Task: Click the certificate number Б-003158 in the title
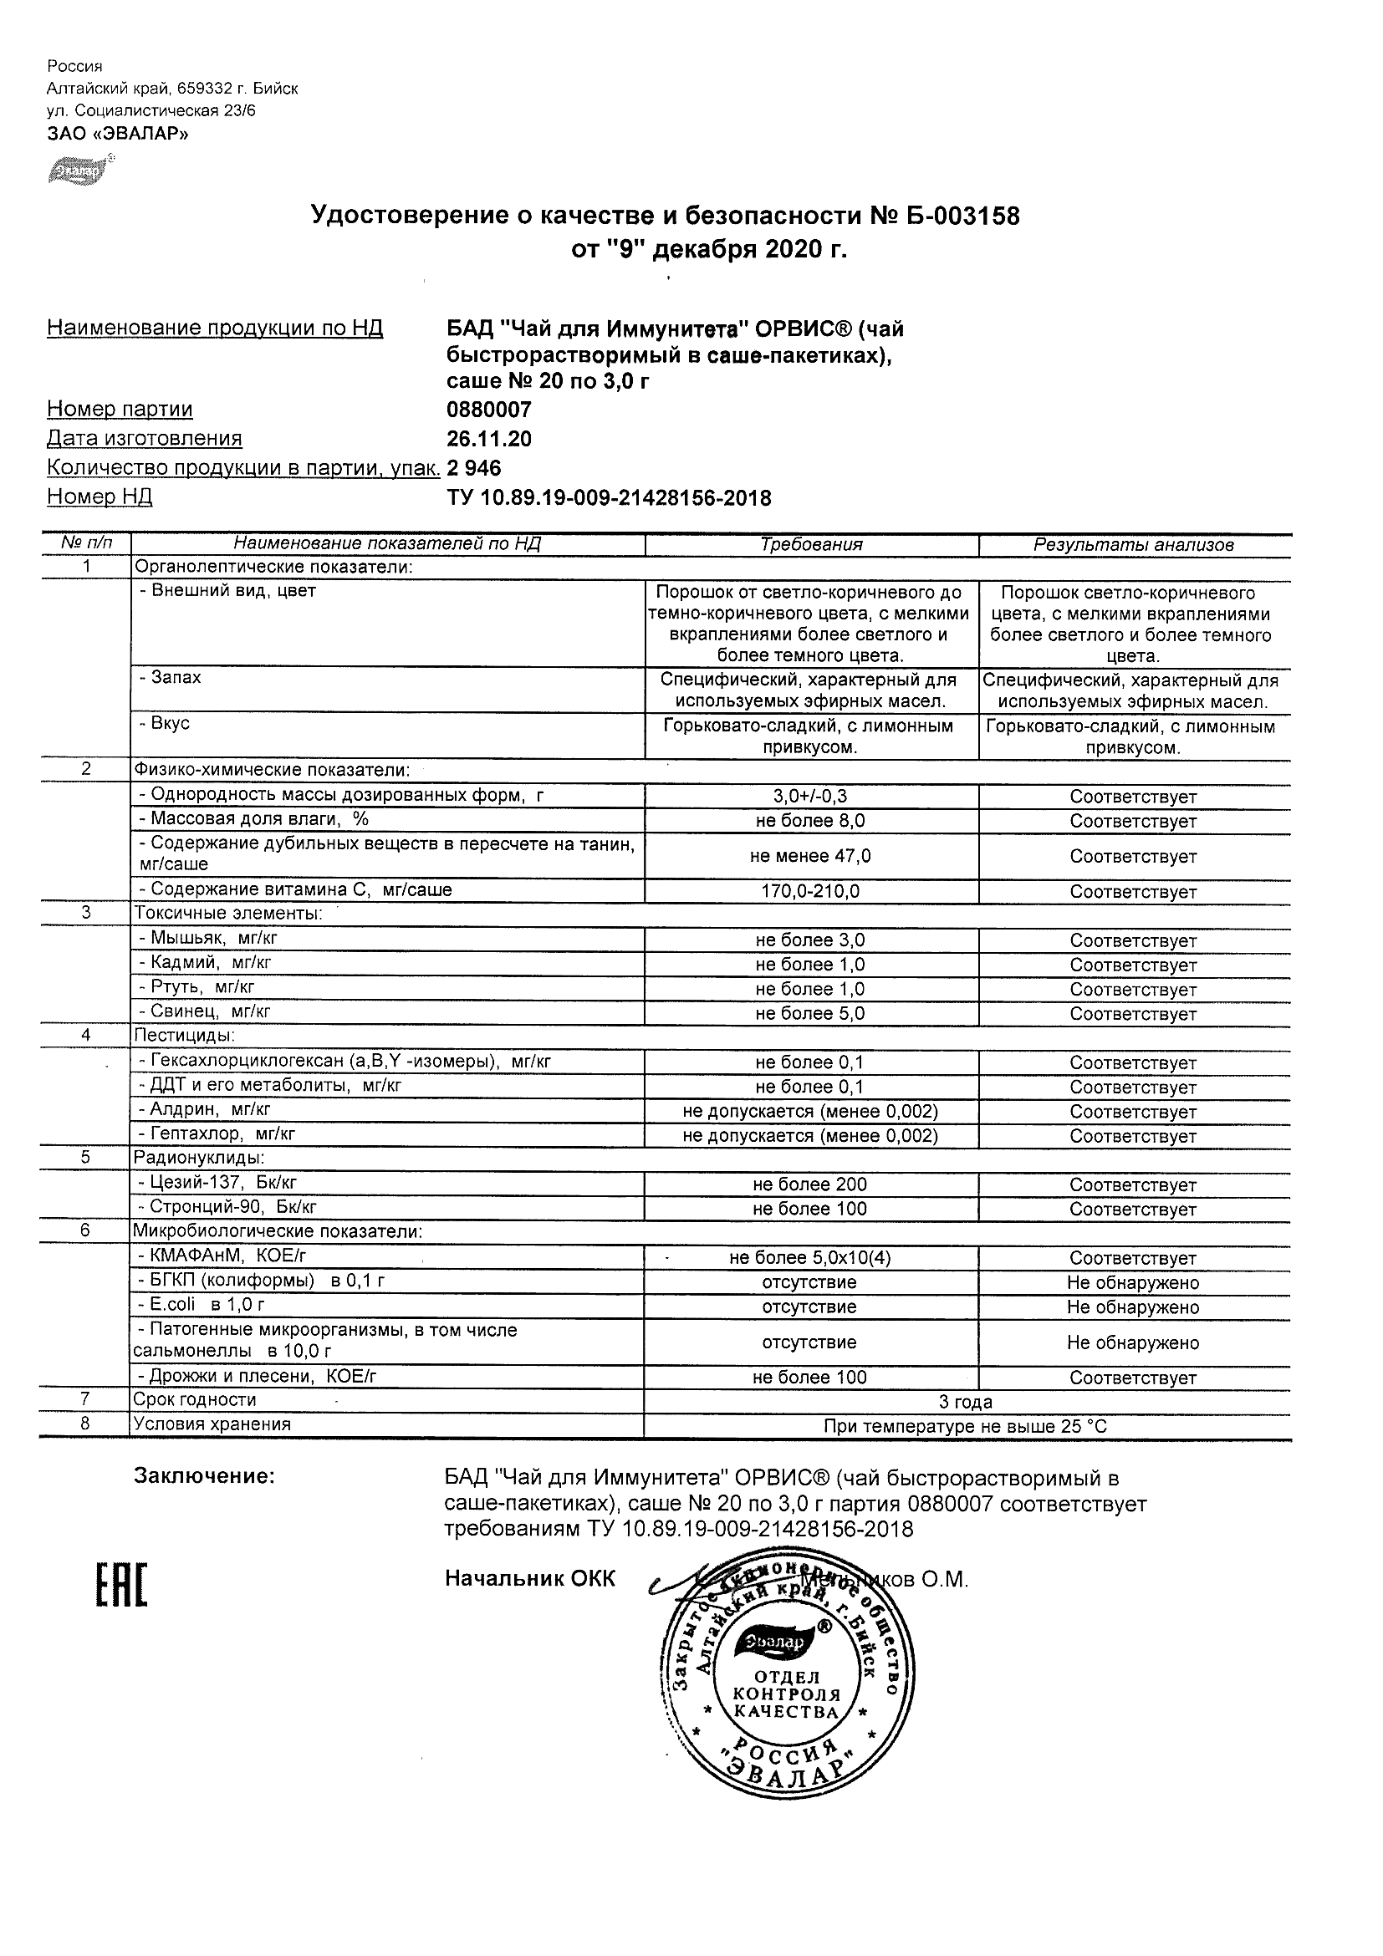click(x=962, y=216)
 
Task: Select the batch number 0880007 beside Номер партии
click(x=489, y=410)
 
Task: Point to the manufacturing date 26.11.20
click(x=489, y=439)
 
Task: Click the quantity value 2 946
click(x=474, y=468)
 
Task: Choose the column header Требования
click(x=811, y=545)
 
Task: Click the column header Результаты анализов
click(x=1133, y=545)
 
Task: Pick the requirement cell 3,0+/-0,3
click(x=809, y=797)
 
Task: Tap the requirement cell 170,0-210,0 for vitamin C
click(x=809, y=892)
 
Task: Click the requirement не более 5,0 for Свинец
click(x=809, y=1013)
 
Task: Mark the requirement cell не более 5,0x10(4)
click(x=809, y=1257)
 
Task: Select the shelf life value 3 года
click(x=966, y=1402)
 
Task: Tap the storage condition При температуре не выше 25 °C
click(x=966, y=1426)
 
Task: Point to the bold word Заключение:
click(x=205, y=1476)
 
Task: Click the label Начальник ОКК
click(x=529, y=1579)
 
